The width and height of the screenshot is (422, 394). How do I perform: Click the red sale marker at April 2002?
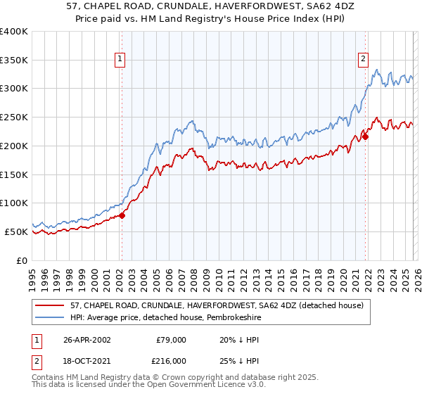tap(122, 215)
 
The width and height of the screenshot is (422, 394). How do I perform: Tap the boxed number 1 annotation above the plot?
tap(121, 60)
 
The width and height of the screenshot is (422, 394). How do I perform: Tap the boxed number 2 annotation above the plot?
tap(364, 60)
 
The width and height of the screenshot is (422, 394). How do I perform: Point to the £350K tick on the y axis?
tap(14, 61)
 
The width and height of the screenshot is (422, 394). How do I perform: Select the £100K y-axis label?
tap(14, 203)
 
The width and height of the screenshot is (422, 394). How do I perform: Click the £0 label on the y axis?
tap(21, 260)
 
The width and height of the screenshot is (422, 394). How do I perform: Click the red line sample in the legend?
tap(51, 305)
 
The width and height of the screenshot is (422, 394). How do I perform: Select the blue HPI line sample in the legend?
tap(51, 317)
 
